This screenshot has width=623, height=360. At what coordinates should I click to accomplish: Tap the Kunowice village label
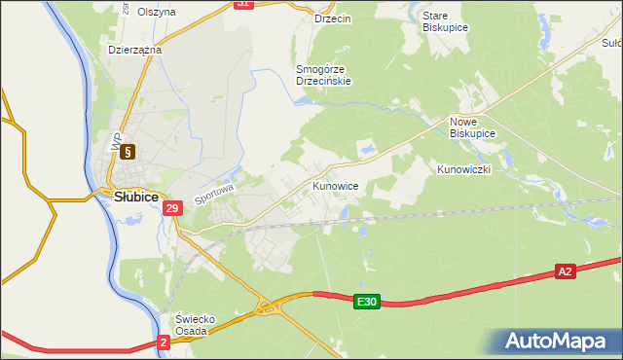tap(336, 185)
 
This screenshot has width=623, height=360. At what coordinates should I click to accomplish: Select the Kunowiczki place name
tap(464, 169)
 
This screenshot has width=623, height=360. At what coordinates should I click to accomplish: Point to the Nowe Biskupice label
tap(473, 126)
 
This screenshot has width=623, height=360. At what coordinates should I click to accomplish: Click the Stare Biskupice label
tap(445, 22)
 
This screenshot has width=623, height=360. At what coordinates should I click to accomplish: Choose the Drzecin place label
tap(333, 18)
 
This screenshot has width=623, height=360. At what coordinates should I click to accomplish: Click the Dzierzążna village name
tap(134, 48)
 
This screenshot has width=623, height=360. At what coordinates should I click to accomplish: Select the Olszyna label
tap(157, 12)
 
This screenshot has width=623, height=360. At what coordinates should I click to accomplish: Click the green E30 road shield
tap(366, 303)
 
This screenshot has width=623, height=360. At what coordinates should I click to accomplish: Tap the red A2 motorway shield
tap(566, 271)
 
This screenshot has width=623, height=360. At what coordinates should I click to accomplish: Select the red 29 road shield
tap(172, 208)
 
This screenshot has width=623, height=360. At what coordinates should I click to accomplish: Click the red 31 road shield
tap(244, 4)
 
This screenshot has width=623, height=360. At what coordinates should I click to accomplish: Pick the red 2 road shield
tap(163, 342)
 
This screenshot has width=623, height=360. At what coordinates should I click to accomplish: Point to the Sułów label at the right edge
tap(612, 43)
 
